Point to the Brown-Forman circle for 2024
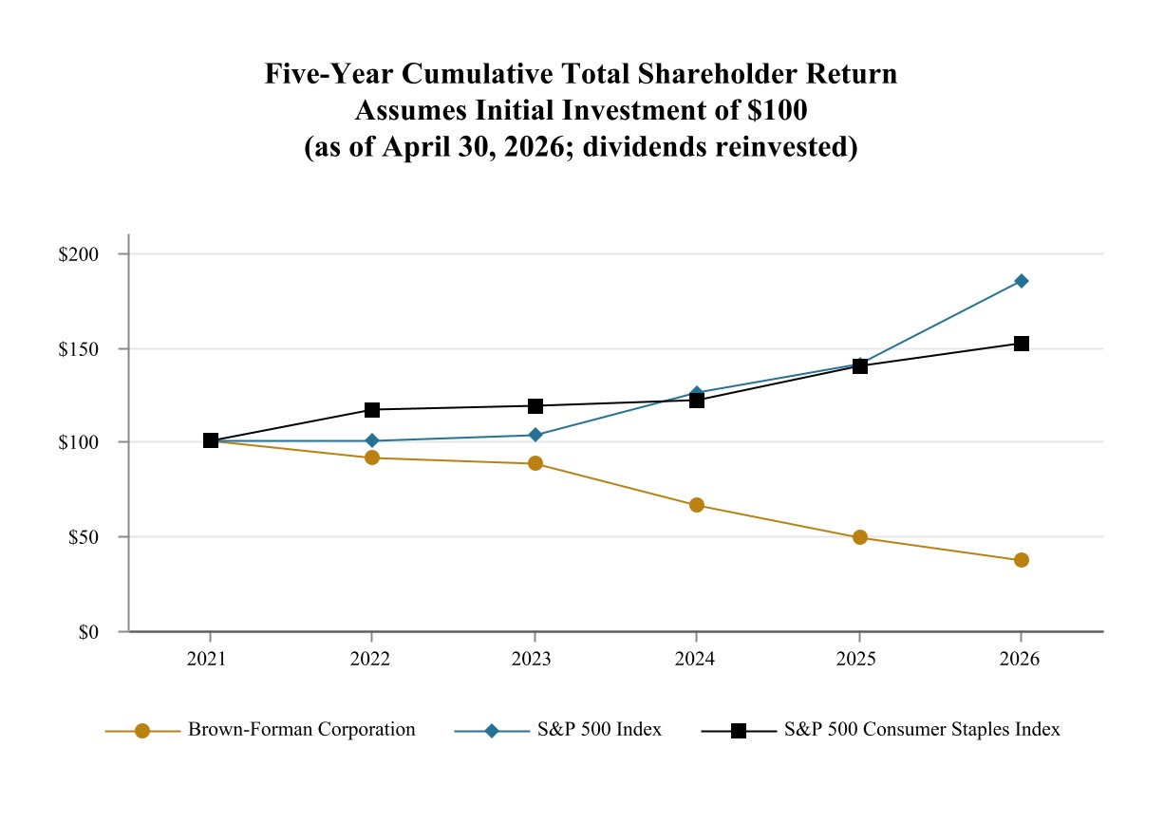pos(698,506)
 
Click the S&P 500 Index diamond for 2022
pos(372,441)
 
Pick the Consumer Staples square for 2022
pos(372,410)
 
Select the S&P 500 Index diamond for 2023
pos(535,436)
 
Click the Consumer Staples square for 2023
pos(535,407)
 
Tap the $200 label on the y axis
pos(79,254)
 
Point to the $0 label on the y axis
pos(89,633)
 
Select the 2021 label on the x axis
pos(207,660)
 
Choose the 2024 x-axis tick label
pos(695,660)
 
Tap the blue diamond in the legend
pos(492,732)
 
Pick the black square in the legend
pos(740,732)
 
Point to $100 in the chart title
pos(778,110)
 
